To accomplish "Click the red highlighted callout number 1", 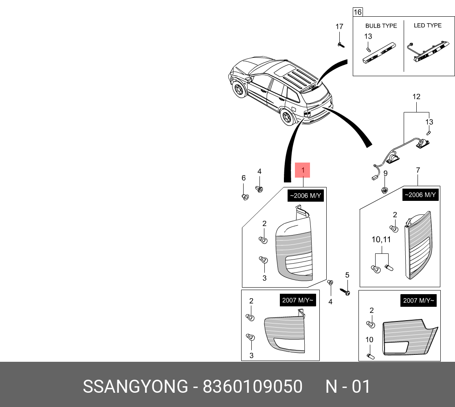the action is (303, 170).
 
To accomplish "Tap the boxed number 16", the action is (357, 12).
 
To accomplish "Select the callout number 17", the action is (339, 27).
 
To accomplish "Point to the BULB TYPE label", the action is (381, 26).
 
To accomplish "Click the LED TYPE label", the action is (427, 25).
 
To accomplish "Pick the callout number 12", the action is (416, 97).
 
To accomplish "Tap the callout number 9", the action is (385, 173).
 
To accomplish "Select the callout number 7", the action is (418, 170).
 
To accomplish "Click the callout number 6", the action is (244, 178).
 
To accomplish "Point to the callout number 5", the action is (347, 275).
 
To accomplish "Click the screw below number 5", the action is (346, 292).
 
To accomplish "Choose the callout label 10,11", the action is (381, 240).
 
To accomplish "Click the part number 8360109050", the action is (253, 386).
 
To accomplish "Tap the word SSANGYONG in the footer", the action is (136, 386).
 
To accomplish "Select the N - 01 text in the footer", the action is (347, 386).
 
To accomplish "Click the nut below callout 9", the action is (384, 189).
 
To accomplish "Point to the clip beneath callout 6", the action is (245, 197).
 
